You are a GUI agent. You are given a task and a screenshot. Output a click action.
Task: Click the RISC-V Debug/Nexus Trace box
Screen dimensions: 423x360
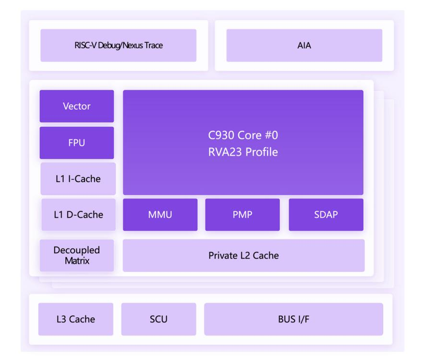coord(119,45)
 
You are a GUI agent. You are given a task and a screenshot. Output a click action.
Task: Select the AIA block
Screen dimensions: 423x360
coord(304,45)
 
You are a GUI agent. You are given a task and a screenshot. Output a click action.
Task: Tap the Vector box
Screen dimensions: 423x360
coord(77,106)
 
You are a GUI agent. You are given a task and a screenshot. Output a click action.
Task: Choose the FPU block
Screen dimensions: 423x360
coord(77,143)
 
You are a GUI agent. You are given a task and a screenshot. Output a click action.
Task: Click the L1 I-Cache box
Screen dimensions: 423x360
coord(78,179)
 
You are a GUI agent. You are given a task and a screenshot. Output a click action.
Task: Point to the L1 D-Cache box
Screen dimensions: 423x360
coord(79,215)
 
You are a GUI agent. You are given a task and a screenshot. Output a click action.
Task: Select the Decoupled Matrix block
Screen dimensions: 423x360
coord(77,256)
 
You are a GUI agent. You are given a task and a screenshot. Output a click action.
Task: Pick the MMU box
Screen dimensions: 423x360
coord(160,215)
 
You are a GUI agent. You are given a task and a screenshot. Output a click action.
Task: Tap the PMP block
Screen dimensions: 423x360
coord(242,215)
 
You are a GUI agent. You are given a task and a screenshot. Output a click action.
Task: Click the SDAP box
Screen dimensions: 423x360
coord(326,215)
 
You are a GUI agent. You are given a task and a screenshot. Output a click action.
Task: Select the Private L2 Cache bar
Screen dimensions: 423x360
coord(243,256)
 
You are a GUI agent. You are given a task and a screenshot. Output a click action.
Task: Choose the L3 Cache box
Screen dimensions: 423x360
coord(76,319)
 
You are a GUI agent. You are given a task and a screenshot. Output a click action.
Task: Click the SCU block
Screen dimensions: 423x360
coord(158,319)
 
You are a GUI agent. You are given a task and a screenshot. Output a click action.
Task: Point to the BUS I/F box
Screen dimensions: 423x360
coord(293,319)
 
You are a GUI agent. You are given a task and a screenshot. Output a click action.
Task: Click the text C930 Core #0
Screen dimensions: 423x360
coord(243,135)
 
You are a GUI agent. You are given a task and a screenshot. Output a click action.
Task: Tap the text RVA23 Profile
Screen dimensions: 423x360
coord(243,152)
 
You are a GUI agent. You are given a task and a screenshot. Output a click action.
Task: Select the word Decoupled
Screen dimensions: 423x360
coord(77,250)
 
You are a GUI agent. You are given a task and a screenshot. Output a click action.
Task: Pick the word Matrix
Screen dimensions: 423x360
coord(77,261)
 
